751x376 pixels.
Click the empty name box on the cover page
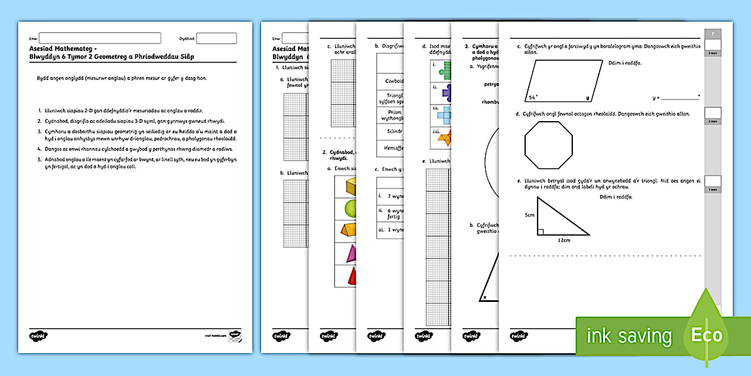coord(100,38)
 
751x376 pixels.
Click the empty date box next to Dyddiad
coord(216,38)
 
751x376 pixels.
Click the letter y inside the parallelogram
coord(587,97)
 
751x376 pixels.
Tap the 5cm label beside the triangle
coord(530,215)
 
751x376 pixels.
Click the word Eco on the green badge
coord(706,335)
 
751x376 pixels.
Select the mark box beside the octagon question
coord(713,112)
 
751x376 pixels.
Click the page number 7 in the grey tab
coord(713,34)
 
